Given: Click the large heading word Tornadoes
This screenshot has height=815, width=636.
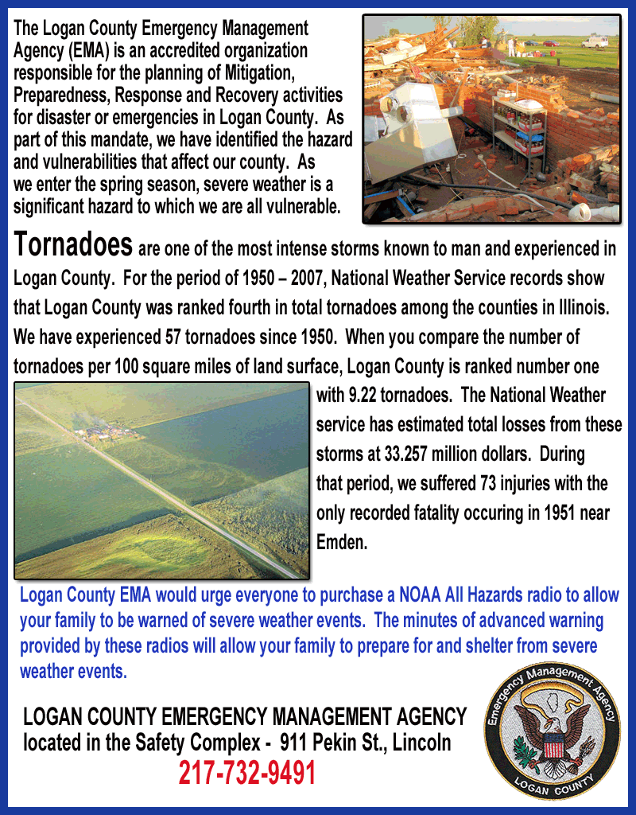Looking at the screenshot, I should click(x=73, y=244).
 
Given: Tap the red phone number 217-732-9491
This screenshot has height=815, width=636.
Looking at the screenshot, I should click(x=246, y=773).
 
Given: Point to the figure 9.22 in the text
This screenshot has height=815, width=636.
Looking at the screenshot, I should click(x=353, y=396).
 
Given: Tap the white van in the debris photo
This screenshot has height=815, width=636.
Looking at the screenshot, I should click(x=594, y=41).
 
